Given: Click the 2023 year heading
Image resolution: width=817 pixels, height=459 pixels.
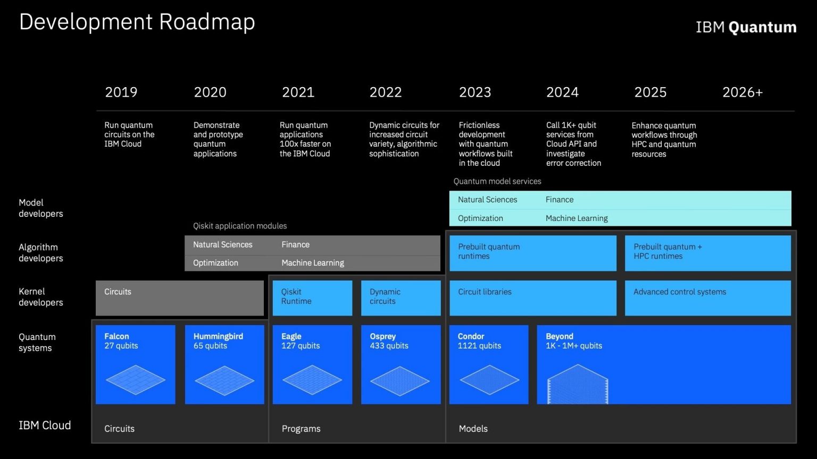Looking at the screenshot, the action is click(x=475, y=92).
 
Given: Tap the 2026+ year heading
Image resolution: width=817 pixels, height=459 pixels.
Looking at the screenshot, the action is click(x=743, y=92).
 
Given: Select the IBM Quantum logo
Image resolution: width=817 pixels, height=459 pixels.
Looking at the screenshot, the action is click(x=746, y=27).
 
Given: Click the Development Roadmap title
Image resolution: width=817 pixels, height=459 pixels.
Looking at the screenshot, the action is click(x=137, y=22).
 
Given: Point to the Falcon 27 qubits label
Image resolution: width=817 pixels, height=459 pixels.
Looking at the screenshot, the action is click(x=121, y=341).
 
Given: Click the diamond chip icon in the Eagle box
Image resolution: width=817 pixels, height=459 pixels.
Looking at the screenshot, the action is click(x=312, y=380).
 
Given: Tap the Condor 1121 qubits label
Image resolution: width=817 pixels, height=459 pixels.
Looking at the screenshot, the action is click(x=479, y=341).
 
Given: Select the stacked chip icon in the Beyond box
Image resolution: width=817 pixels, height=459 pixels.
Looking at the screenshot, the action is click(x=578, y=384).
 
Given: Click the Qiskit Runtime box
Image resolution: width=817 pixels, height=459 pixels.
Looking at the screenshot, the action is click(x=313, y=298).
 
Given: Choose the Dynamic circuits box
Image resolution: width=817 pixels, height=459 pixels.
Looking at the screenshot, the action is click(x=401, y=298).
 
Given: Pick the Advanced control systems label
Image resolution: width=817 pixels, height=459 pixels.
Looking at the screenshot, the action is click(x=679, y=292).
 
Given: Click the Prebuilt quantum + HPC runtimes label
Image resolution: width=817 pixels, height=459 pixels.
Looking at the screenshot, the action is click(x=668, y=251).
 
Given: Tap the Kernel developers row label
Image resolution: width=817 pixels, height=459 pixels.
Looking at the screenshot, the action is click(x=41, y=297).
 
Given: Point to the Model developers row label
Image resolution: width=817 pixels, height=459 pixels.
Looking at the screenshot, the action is click(x=41, y=208).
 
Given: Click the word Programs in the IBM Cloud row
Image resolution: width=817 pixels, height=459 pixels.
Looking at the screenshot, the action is click(x=301, y=429).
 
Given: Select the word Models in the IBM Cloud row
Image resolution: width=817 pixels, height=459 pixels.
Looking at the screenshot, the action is click(x=473, y=429).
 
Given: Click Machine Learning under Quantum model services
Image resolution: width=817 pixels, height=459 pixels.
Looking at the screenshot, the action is click(x=577, y=218).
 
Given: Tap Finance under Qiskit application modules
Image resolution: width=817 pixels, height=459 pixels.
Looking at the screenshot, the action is click(x=295, y=244).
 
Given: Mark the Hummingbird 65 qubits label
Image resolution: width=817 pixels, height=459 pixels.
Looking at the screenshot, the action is click(x=218, y=341).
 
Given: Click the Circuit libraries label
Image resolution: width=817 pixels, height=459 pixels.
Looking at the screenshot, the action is click(x=485, y=292).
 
